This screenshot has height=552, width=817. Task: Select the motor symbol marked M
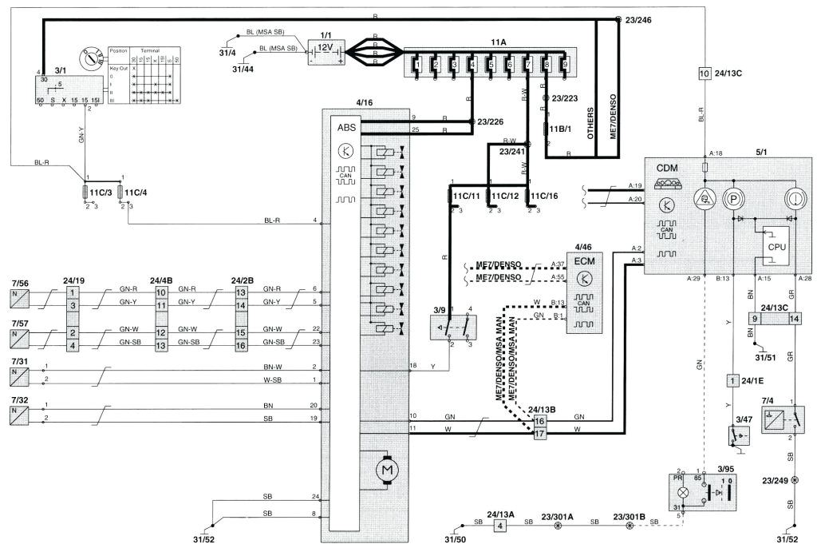(388, 471)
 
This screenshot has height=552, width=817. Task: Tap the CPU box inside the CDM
(776, 248)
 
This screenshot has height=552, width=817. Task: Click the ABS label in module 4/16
(347, 126)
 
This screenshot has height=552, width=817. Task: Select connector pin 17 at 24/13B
(539, 435)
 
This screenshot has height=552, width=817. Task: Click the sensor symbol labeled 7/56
(19, 300)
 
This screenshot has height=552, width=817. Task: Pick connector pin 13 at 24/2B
(239, 292)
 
